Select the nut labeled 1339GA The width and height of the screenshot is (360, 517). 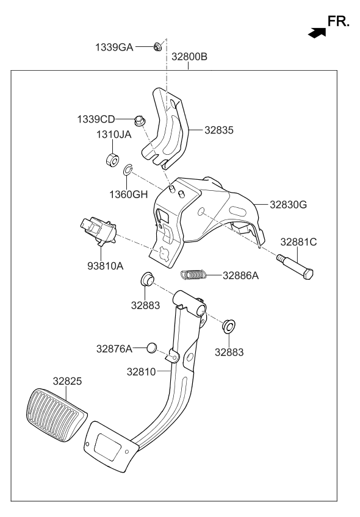157,46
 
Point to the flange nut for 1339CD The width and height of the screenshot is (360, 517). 139,120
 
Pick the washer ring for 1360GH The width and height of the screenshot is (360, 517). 129,170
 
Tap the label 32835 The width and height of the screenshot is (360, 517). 219,130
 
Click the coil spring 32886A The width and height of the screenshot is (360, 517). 193,276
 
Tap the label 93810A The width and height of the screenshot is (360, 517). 101,266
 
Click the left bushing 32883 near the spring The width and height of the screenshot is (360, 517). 147,280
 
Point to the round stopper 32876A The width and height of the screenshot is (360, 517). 153,348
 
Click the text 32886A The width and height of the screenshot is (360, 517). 240,276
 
